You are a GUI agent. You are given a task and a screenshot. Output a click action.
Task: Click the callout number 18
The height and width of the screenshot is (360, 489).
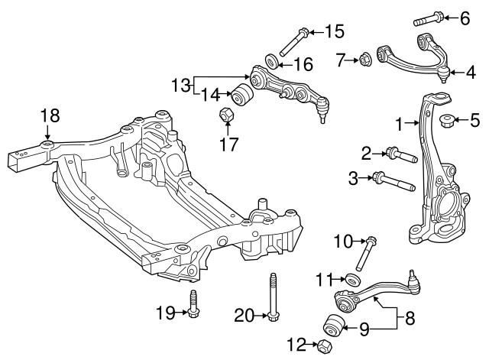50,115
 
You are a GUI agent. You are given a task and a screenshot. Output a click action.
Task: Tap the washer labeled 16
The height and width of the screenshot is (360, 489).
271,61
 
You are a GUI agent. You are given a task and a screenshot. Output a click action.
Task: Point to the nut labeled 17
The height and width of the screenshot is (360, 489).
226,115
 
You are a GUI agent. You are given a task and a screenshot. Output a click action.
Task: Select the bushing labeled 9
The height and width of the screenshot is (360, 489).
334,324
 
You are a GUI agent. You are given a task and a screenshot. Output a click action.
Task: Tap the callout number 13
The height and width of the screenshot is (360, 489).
180,86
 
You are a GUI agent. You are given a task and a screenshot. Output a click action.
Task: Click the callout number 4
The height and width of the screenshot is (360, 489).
471,73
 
